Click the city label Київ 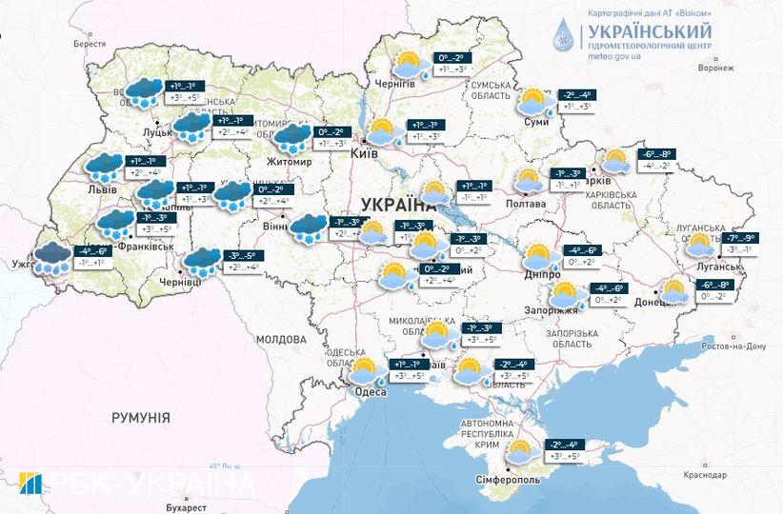(x=364, y=153)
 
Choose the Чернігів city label (x=394, y=84)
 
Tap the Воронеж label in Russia (x=715, y=68)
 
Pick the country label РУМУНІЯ (x=140, y=418)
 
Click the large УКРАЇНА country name (x=398, y=204)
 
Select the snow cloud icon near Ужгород (x=48, y=257)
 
